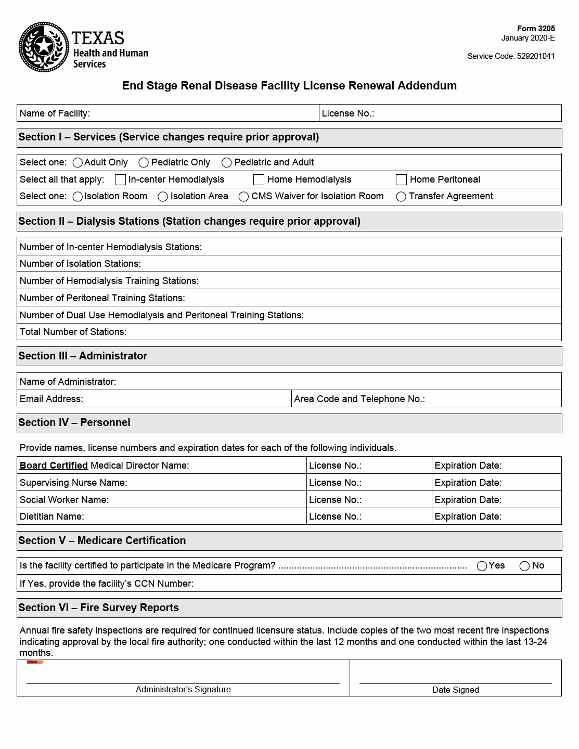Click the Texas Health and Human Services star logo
tap(44, 47)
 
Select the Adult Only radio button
tap(78, 163)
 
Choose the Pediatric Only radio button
tap(144, 163)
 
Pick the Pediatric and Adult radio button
tap(226, 163)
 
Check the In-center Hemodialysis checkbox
tap(120, 179)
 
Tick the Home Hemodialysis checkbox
tap(259, 179)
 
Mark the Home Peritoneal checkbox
tap(401, 179)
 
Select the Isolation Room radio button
tap(78, 197)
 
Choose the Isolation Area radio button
tap(163, 197)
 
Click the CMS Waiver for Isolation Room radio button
tap(243, 197)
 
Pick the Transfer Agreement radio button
tap(401, 197)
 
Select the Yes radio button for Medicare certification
tap(482, 566)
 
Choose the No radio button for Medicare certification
tap(524, 566)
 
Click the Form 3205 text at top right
tap(536, 29)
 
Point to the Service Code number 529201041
tap(536, 56)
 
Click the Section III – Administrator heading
tap(83, 356)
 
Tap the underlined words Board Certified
tap(54, 466)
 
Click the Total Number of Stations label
tap(73, 332)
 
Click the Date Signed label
tap(455, 690)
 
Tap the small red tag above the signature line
tap(35, 662)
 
